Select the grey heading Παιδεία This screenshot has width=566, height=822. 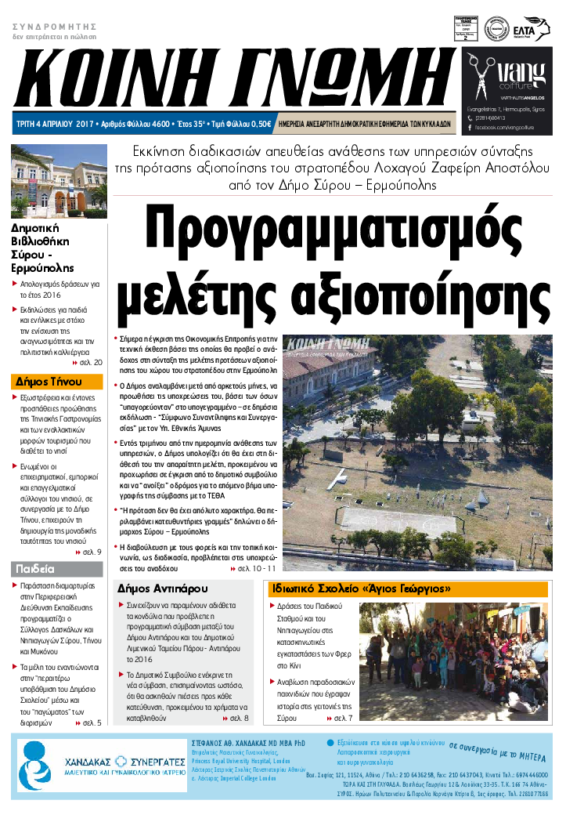tap(34, 568)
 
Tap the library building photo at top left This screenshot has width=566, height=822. tap(59, 181)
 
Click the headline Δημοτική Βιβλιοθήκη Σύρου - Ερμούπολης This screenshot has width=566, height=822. tap(41, 246)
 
